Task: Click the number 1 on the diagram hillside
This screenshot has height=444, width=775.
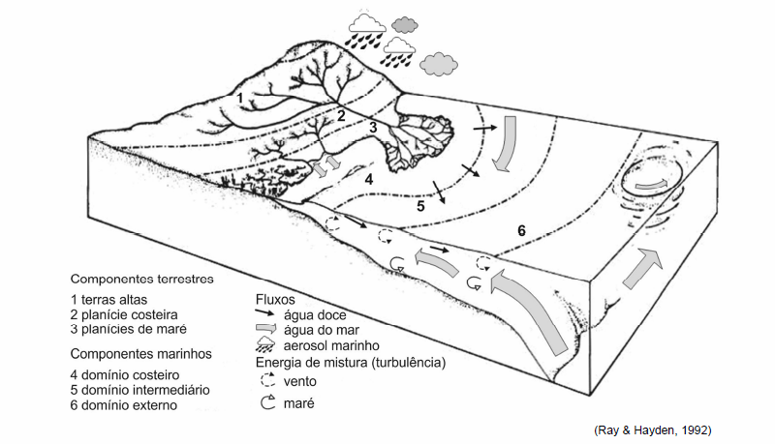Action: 239,98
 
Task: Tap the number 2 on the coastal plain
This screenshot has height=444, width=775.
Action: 341,117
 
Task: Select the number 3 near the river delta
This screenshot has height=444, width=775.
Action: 372,127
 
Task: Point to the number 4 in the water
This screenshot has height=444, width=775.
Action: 368,179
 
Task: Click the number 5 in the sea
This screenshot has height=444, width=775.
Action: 420,206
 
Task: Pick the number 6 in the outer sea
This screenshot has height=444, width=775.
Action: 521,231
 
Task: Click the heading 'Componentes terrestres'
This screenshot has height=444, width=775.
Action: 142,278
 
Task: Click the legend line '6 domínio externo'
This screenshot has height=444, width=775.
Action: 124,405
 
